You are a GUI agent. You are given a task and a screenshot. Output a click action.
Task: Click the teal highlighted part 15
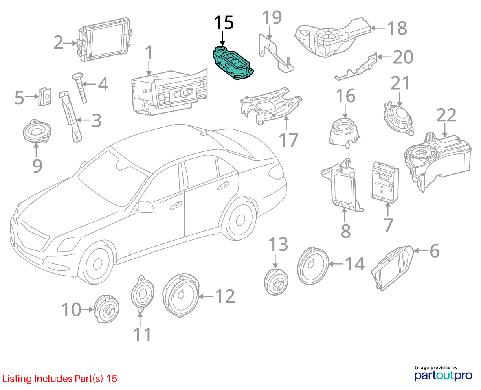[233, 63]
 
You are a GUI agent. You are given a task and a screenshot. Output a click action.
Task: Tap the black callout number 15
[224, 22]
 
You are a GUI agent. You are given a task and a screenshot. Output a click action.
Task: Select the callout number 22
[446, 115]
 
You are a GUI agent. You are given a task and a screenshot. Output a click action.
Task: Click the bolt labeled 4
[80, 88]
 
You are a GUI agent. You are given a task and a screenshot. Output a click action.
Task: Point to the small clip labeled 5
[45, 97]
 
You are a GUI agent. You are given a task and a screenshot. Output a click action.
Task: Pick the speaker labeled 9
[37, 131]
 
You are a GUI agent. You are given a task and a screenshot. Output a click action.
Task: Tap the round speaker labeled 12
[181, 296]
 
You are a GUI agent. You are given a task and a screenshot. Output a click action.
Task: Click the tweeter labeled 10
[106, 309]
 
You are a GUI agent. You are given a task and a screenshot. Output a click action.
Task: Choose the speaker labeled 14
[313, 266]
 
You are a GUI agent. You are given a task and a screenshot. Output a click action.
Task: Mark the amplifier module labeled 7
[385, 182]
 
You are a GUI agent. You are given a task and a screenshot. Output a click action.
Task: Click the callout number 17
[288, 140]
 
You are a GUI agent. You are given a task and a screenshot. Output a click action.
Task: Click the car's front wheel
[97, 264]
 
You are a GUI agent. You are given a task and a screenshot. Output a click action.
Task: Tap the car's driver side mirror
[145, 206]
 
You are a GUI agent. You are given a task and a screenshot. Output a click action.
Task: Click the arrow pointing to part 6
[421, 250]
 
